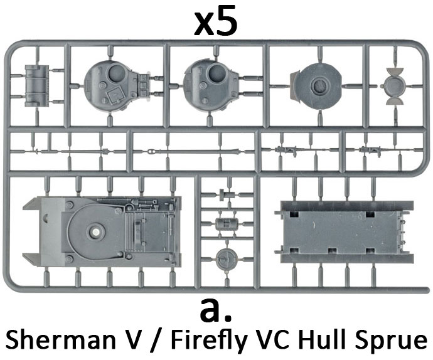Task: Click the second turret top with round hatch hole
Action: pos(213,82)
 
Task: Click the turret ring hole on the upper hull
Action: pos(96,232)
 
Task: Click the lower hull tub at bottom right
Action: pos(345,231)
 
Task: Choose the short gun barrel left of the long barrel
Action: pos(75,151)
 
